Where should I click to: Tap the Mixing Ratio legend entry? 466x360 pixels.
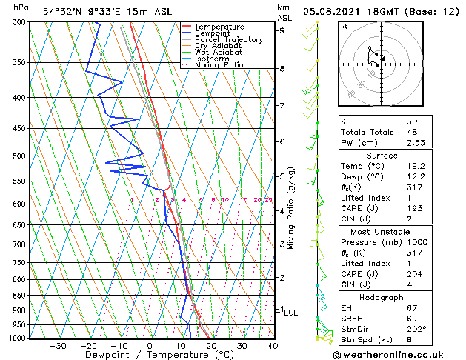click(219, 65)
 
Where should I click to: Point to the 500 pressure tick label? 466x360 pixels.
click(20, 156)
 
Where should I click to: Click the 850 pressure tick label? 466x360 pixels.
click(20, 296)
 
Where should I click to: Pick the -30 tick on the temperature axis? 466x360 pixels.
click(57, 346)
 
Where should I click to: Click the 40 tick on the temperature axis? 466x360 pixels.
click(273, 346)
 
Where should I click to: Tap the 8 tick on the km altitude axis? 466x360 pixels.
click(282, 69)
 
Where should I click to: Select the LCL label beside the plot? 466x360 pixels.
click(290, 313)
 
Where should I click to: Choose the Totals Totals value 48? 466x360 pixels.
click(413, 132)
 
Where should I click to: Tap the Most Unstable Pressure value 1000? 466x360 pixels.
click(418, 242)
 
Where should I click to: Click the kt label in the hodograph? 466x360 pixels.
click(344, 26)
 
